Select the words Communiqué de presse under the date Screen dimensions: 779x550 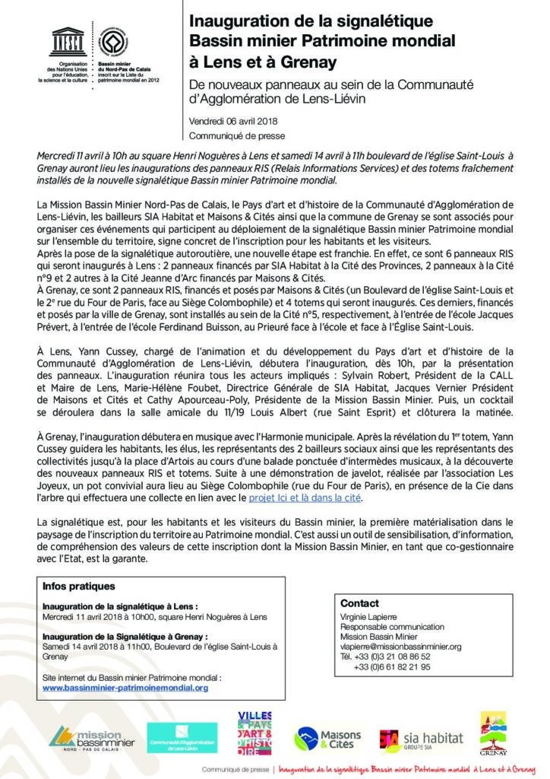pyautogui.click(x=227, y=137)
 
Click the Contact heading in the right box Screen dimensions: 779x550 pyautogui.click(x=359, y=603)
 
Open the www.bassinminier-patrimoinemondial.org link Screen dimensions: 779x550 pyautogui.click(x=125, y=687)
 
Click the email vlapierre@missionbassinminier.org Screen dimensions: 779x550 pyautogui.click(x=400, y=646)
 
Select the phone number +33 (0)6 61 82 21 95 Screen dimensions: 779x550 pyautogui.click(x=392, y=666)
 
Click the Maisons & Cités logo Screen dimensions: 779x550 pyautogui.click(x=328, y=736)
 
